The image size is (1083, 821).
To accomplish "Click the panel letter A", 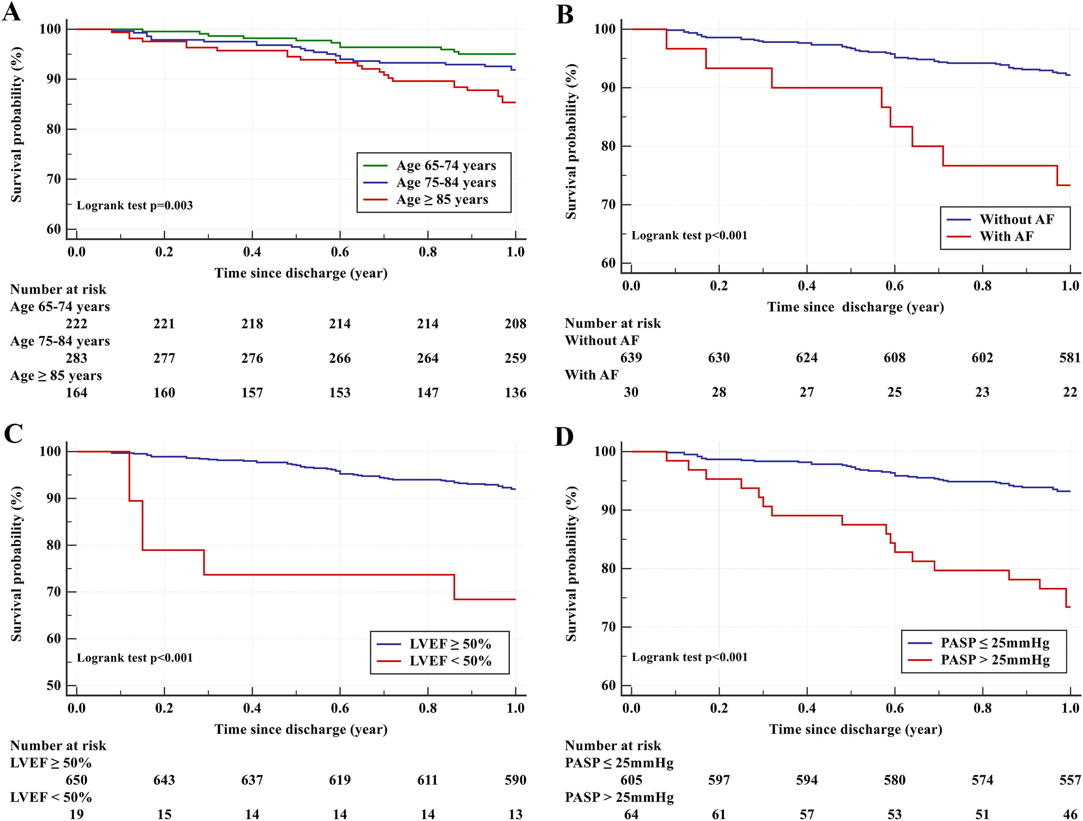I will (x=12, y=12).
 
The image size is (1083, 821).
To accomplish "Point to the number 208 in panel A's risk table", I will (x=515, y=323).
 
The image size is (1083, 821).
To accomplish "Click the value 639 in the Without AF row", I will (x=631, y=358).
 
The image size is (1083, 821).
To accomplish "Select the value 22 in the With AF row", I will (x=1070, y=392).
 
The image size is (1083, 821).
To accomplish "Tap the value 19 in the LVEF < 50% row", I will (x=76, y=814).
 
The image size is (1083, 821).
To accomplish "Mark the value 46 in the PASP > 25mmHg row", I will (x=1070, y=814).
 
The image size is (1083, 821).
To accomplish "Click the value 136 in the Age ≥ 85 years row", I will (x=515, y=393).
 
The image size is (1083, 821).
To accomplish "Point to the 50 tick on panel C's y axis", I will (x=54, y=685).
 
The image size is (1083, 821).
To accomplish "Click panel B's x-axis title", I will (x=855, y=307).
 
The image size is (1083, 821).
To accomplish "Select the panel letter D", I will (x=564, y=436).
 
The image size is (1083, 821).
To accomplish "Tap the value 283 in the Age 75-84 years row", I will (x=76, y=358).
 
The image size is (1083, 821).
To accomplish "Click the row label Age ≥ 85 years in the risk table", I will (x=56, y=375).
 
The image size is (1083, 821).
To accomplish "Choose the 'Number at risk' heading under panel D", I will (x=612, y=746).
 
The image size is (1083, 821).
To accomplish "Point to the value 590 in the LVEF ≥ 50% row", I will (x=515, y=780).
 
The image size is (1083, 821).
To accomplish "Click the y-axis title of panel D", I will (x=571, y=564).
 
